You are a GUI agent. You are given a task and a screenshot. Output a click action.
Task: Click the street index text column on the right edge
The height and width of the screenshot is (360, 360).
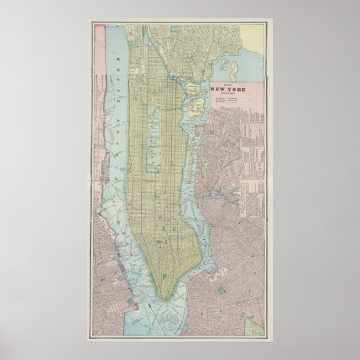coord(258,156)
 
